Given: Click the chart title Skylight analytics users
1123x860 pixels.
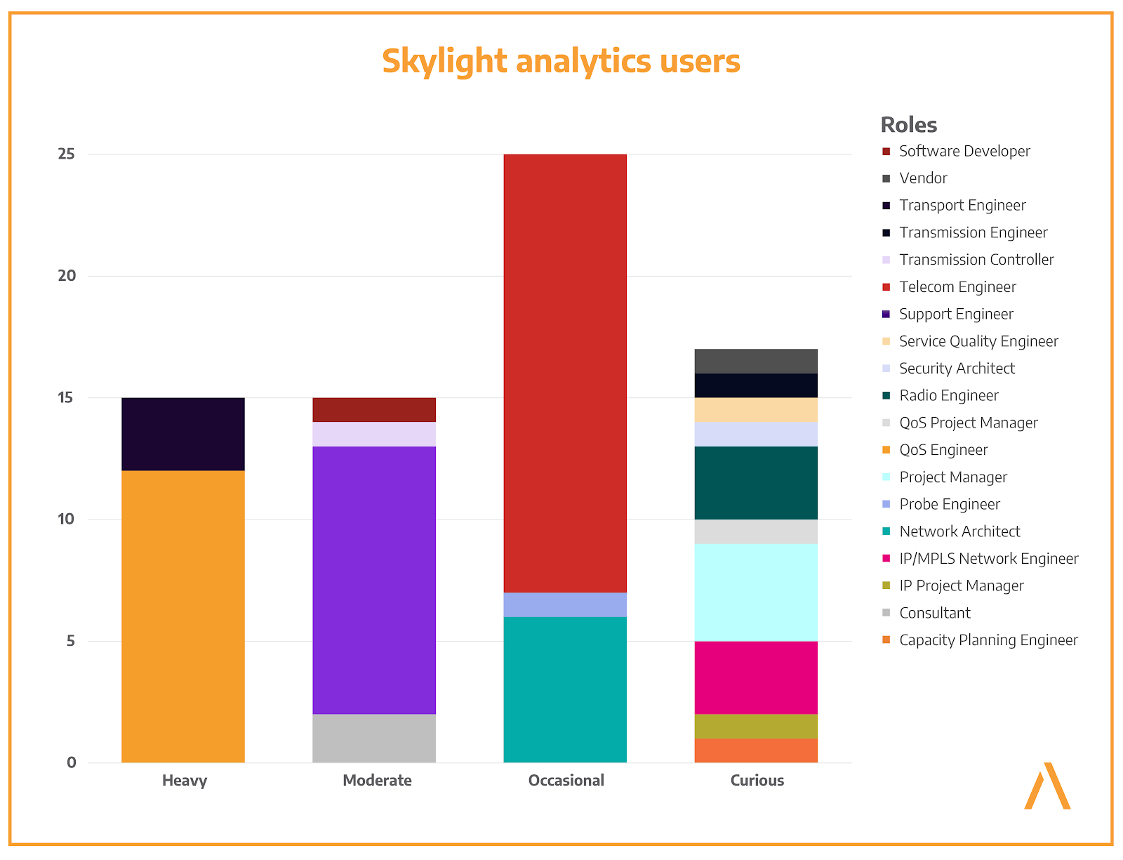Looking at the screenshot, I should point(561,61).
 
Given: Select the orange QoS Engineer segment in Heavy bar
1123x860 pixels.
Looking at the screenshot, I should point(183,616).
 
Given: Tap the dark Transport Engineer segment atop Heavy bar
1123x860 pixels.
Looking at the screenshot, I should point(183,434).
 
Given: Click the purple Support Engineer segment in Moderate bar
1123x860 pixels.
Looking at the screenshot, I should point(374,580).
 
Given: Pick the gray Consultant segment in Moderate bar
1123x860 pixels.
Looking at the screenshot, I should point(374,738).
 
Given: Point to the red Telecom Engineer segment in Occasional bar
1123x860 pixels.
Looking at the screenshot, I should point(565,373).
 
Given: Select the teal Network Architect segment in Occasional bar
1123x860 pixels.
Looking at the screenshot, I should point(565,689).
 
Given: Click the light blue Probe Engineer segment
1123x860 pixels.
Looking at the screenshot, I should point(565,604).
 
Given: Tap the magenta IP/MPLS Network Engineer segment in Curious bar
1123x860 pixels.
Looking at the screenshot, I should point(756,677).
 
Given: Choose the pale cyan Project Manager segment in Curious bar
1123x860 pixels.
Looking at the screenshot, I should point(756,592).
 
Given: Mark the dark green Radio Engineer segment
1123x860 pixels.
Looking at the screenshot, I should point(756,483).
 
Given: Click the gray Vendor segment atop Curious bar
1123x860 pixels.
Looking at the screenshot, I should point(756,361).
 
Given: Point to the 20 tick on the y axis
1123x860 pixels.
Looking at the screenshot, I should point(67,276).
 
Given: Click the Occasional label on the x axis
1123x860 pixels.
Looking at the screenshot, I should point(566,781).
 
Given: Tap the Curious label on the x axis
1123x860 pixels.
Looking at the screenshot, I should point(757,781).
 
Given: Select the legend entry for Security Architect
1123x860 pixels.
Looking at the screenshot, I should point(957,369).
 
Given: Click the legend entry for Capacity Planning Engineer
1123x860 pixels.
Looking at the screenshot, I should point(988,640).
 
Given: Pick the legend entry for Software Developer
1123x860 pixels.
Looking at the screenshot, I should point(964,151).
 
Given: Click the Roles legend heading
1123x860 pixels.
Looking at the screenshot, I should point(909,125).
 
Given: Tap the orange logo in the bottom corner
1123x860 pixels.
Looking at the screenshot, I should point(1047,786).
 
